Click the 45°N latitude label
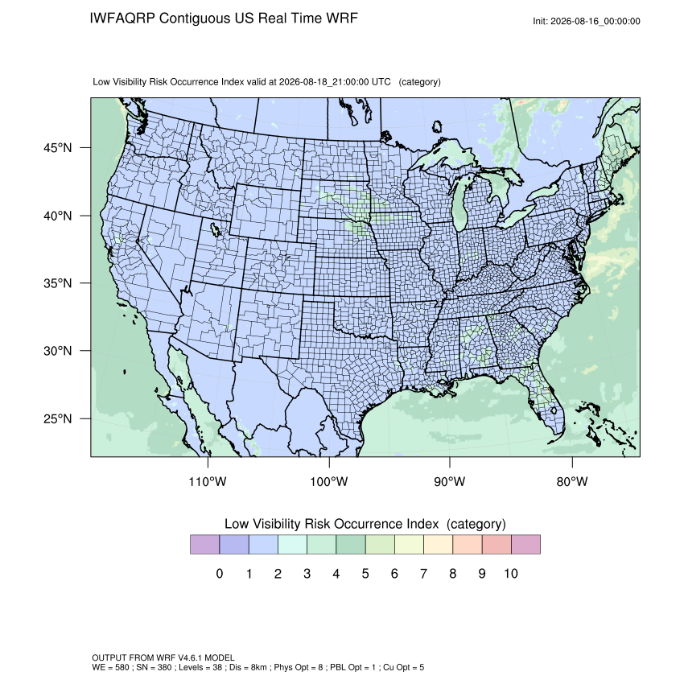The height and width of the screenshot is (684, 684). (58, 148)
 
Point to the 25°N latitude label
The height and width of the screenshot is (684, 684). (58, 418)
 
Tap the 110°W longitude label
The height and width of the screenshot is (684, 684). (208, 481)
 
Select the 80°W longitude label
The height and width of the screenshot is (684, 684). (572, 481)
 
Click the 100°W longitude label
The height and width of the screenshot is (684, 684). (329, 481)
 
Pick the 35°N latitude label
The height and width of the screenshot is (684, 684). (58, 283)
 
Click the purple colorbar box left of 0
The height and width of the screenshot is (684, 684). (204, 545)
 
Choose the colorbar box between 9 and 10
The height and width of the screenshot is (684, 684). (497, 545)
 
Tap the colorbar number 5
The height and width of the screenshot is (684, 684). (365, 574)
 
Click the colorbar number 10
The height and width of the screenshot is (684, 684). (511, 574)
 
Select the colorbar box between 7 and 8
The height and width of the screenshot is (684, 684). (438, 545)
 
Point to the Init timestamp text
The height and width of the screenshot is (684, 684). (587, 22)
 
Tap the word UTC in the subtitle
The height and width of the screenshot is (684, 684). (381, 82)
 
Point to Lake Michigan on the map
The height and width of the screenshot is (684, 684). (460, 200)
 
